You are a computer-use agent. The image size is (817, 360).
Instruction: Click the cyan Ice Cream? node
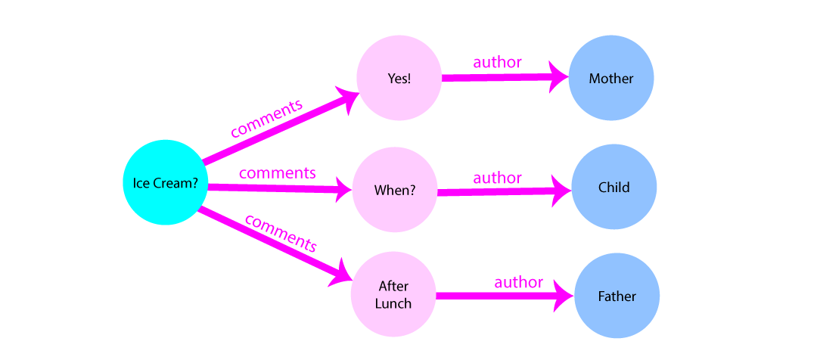tap(165, 183)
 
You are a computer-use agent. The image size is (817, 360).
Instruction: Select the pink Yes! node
tap(399, 79)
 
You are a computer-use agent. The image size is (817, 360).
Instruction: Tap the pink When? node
tap(394, 190)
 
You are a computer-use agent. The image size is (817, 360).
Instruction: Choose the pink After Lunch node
tap(393, 295)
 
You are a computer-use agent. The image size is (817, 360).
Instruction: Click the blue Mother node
tap(611, 79)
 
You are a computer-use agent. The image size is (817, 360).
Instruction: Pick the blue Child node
tap(613, 187)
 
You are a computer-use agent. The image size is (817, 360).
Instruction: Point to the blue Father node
tap(617, 296)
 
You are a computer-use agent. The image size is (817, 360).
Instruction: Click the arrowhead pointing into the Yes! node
tap(349, 98)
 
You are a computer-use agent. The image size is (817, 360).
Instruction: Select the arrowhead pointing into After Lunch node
tap(342, 274)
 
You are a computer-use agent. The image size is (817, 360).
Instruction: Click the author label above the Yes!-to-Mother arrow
tap(497, 63)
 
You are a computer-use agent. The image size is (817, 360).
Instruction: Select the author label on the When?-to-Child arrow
tap(497, 178)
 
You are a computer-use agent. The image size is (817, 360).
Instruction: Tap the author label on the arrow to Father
tap(518, 283)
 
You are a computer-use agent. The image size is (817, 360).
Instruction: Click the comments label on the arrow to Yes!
tap(266, 118)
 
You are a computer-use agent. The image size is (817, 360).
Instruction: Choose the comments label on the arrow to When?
tap(277, 173)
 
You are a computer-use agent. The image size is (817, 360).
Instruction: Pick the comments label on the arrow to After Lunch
tap(280, 233)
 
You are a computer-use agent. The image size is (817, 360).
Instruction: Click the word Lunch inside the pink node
tap(393, 303)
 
